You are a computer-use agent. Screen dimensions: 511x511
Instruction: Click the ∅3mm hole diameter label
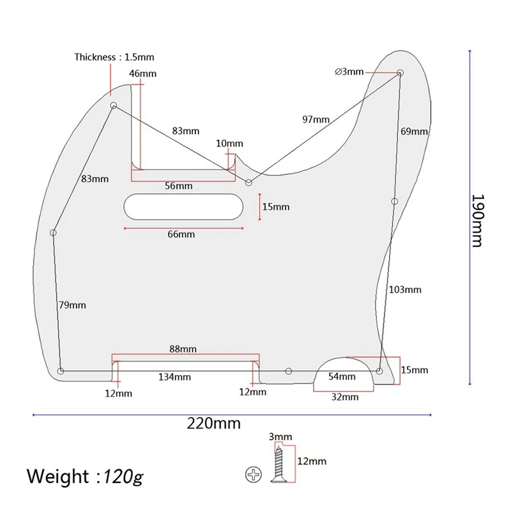point(349,71)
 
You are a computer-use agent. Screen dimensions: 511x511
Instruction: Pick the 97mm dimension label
point(316,119)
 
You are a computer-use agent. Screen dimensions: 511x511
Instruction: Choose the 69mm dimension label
point(414,132)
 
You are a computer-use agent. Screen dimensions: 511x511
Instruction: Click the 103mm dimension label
point(405,289)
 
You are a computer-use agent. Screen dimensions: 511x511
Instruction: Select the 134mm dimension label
point(174,377)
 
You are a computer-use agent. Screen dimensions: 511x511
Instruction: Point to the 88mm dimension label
point(183,349)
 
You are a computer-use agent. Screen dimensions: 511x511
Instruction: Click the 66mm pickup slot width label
point(181,234)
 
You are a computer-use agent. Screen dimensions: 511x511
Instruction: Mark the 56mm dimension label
point(178,186)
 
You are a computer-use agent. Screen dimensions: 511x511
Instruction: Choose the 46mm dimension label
point(142,73)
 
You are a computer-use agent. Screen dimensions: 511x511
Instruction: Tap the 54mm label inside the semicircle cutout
point(342,376)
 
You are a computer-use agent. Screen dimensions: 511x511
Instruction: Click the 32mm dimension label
point(345,397)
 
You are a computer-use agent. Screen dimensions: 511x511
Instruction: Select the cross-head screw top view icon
point(253,475)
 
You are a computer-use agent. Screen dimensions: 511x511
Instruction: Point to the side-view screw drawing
point(280,461)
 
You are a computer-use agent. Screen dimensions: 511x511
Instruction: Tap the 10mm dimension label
point(229,144)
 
